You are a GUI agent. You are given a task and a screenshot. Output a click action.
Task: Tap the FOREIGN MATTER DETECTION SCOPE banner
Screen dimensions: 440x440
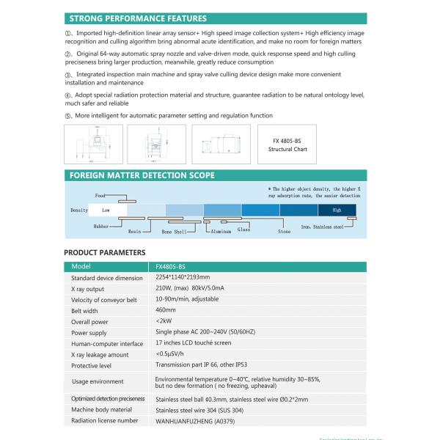click(141, 175)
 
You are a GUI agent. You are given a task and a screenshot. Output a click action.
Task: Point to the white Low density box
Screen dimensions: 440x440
click(106, 210)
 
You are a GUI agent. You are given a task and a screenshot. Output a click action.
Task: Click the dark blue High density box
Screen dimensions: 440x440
click(337, 210)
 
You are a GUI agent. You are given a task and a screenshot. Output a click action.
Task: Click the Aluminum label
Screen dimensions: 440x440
click(221, 232)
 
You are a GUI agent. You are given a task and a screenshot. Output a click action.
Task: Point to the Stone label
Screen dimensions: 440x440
click(284, 232)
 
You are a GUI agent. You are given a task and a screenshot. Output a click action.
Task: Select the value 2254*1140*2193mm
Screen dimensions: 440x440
click(183, 277)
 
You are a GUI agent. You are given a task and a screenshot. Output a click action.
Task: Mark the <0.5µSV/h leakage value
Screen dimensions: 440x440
click(172, 354)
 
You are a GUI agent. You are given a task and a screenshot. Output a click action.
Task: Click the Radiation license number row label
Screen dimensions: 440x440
click(104, 420)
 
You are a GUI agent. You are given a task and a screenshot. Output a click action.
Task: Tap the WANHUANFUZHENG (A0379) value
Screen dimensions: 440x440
click(194, 421)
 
